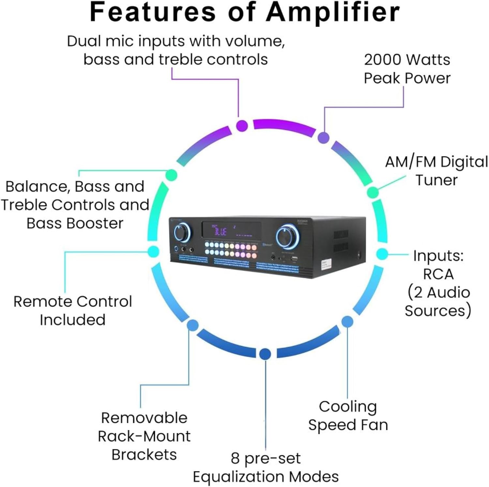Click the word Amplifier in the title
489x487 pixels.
point(333,12)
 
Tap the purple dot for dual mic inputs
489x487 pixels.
point(242,125)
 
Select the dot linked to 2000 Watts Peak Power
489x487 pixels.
point(323,137)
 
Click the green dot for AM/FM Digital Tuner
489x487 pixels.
point(373,192)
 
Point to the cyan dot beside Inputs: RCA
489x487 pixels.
point(382,254)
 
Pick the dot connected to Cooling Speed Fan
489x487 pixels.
point(347,322)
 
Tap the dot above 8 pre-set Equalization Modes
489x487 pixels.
point(265,354)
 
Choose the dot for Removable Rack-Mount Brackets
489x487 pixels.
point(193,325)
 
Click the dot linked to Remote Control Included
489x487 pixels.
point(153,251)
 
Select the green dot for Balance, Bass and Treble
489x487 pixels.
point(171,175)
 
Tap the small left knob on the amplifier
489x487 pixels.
point(182,232)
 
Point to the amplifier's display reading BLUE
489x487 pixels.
point(221,231)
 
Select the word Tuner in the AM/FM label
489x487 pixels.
point(437,180)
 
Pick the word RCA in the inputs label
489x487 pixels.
point(438,274)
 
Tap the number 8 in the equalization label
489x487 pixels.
point(235,459)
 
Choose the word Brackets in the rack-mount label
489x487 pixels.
point(144,455)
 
